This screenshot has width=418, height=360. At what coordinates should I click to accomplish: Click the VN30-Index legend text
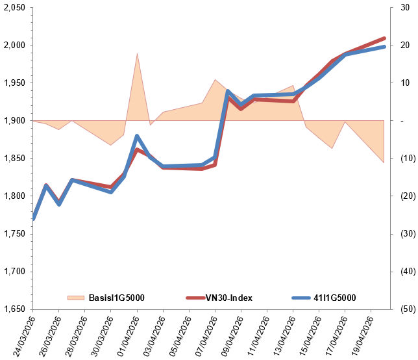click(x=228, y=298)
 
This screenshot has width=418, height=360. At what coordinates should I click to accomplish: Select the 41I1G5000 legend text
click(x=334, y=298)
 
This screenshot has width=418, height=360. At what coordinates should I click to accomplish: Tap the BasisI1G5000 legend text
click(x=116, y=298)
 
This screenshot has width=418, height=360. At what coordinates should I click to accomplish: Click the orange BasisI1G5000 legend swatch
click(x=76, y=298)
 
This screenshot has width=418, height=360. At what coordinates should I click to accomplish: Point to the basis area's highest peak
click(x=137, y=54)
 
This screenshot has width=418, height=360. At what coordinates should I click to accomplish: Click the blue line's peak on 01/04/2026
click(x=137, y=136)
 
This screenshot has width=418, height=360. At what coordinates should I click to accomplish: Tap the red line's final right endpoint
click(x=384, y=38)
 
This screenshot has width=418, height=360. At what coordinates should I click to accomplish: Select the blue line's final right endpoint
click(x=384, y=47)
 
